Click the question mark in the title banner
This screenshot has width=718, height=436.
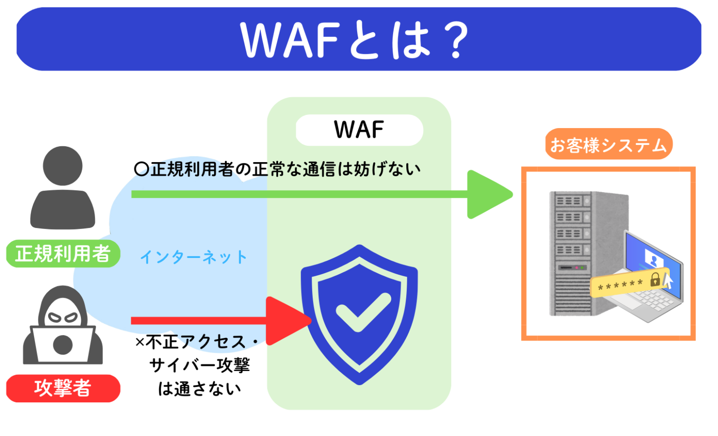(455, 40)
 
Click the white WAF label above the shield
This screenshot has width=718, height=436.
(359, 130)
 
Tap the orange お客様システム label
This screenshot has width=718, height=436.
(608, 144)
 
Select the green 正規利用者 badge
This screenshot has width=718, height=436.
(63, 254)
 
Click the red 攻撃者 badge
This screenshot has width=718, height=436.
(63, 388)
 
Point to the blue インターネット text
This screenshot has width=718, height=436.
(194, 257)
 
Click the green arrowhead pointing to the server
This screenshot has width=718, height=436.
(488, 194)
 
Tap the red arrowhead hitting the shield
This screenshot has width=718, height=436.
(286, 321)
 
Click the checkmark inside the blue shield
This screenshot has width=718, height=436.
(362, 311)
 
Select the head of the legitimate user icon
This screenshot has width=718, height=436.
(63, 166)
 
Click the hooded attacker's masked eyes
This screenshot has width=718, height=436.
(63, 317)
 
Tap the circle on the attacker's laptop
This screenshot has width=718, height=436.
(63, 345)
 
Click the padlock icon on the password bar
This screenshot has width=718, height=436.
(655, 279)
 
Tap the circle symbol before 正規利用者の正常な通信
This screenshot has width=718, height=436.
(141, 169)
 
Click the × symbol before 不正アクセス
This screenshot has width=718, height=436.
(140, 343)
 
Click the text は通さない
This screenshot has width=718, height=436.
(200, 388)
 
